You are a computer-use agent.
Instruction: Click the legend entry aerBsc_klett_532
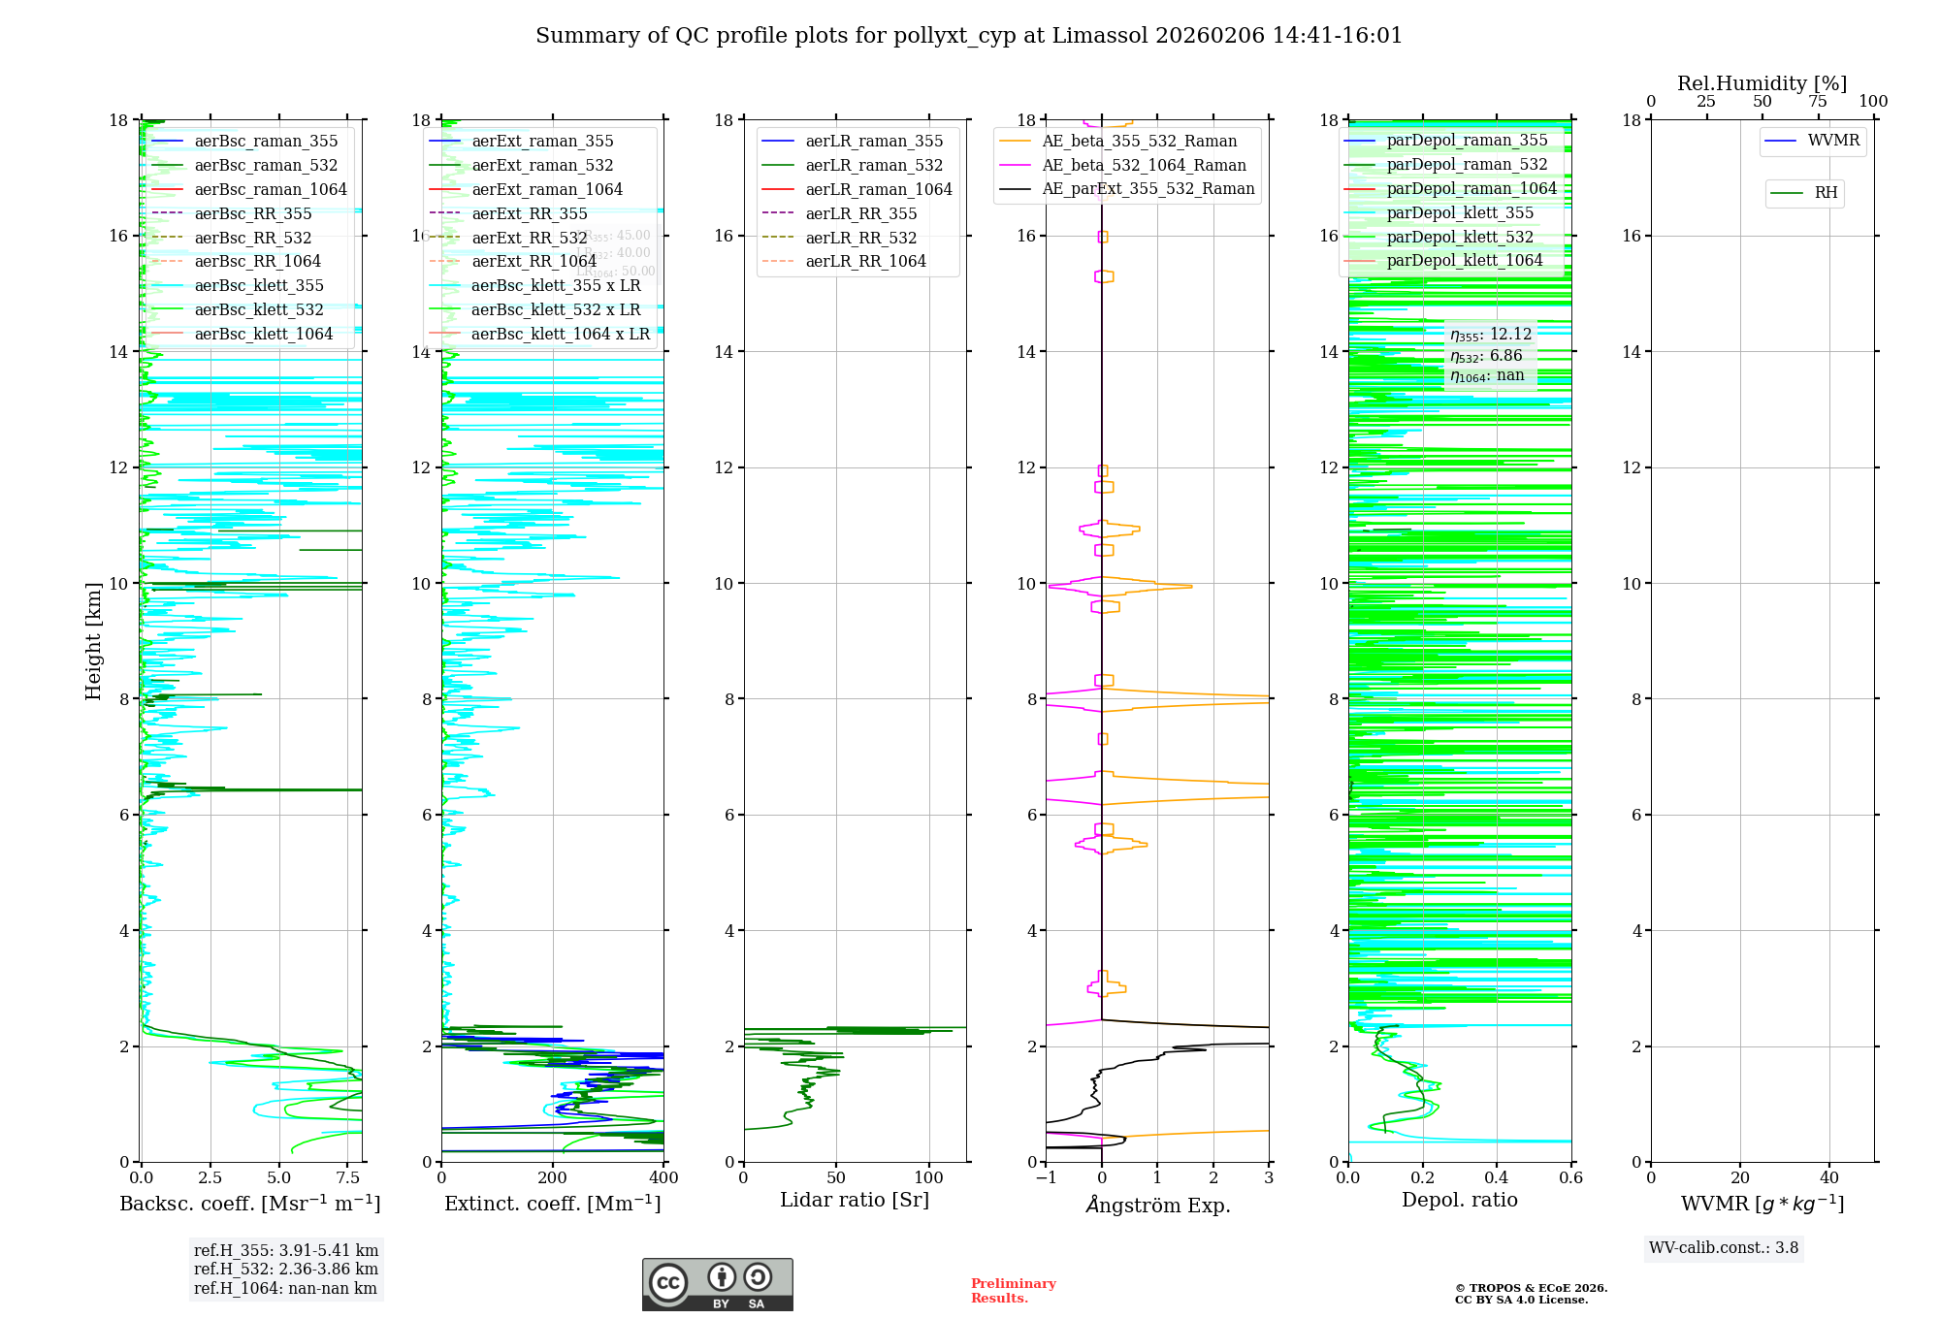point(259,310)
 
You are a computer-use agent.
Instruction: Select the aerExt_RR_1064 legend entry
point(533,262)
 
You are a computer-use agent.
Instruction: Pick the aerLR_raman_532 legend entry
point(874,166)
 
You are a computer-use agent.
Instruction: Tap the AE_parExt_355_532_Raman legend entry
point(1148,189)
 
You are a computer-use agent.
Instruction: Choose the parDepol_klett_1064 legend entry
point(1464,261)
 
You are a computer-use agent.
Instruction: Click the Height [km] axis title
point(93,641)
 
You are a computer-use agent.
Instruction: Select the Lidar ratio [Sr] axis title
point(855,1201)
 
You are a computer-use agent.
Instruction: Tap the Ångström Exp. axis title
point(1157,1206)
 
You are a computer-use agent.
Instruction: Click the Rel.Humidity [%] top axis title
point(1762,84)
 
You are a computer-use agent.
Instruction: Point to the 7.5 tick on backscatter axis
point(348,1178)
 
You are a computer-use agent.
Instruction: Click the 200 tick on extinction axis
point(553,1178)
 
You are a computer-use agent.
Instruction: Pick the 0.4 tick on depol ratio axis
point(1497,1178)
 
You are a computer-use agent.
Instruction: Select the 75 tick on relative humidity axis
point(1818,102)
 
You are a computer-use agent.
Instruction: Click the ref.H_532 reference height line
point(285,1270)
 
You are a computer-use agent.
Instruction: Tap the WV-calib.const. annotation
point(1724,1248)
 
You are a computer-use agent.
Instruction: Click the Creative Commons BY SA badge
point(717,1284)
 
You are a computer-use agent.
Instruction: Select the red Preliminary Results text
point(1013,1291)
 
